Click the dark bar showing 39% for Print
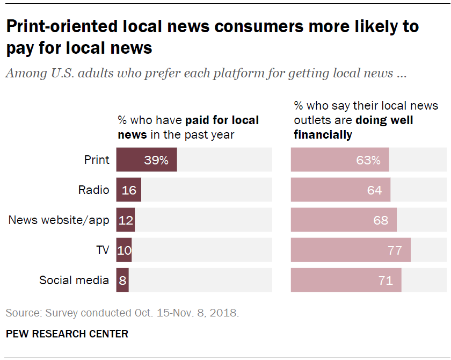[147, 160]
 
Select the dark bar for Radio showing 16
[129, 190]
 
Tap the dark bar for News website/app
[126, 220]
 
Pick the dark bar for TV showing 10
[124, 250]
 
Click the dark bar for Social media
[122, 280]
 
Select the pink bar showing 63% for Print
[340, 160]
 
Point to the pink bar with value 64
[340, 190]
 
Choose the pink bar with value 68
[344, 220]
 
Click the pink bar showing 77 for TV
[351, 250]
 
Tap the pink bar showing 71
[346, 280]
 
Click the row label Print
[97, 160]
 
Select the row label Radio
[93, 190]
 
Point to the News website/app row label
[59, 220]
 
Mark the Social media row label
[74, 280]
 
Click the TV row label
[103, 250]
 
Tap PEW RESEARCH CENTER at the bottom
[67, 334]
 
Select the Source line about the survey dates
[122, 313]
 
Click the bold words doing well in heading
[384, 120]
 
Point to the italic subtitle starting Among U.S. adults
[206, 74]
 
